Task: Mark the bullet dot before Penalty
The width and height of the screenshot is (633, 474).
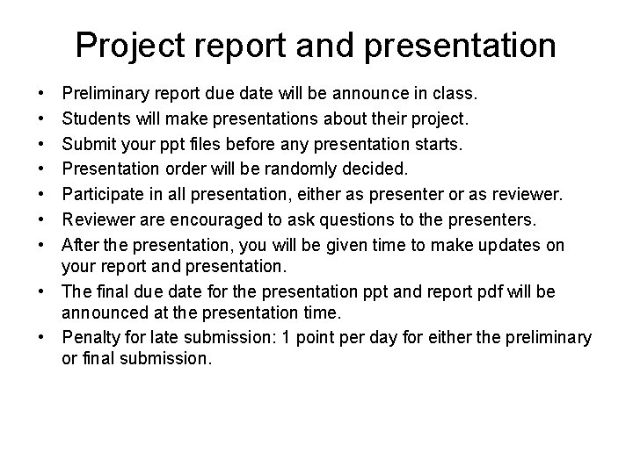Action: tap(43, 339)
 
